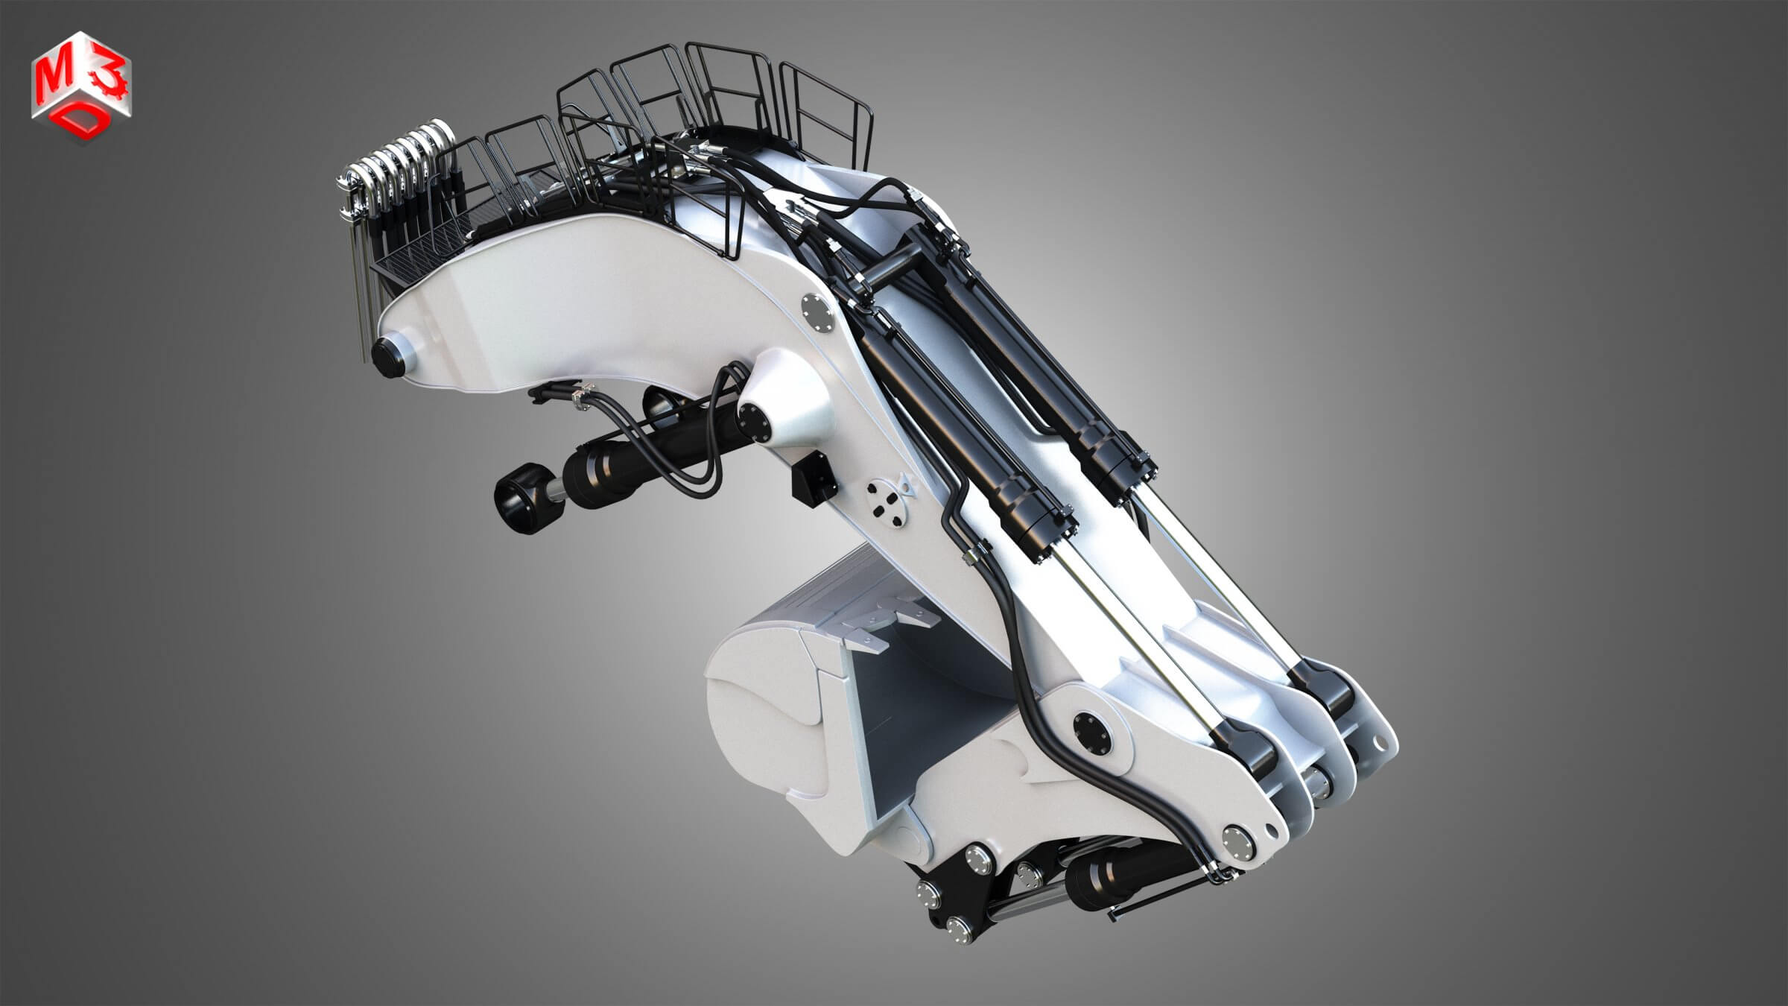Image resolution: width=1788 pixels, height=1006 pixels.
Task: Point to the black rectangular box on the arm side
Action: click(x=816, y=475)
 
